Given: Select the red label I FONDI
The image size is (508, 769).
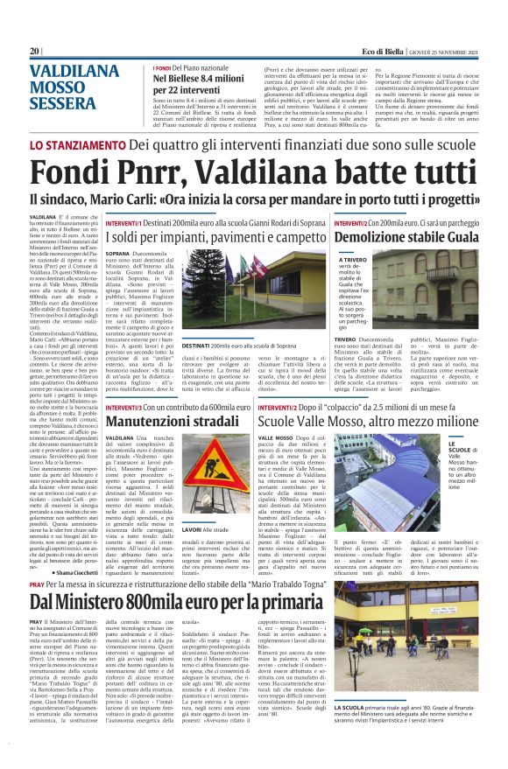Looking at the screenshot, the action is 160,67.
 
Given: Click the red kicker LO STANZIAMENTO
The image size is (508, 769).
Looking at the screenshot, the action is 77,145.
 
